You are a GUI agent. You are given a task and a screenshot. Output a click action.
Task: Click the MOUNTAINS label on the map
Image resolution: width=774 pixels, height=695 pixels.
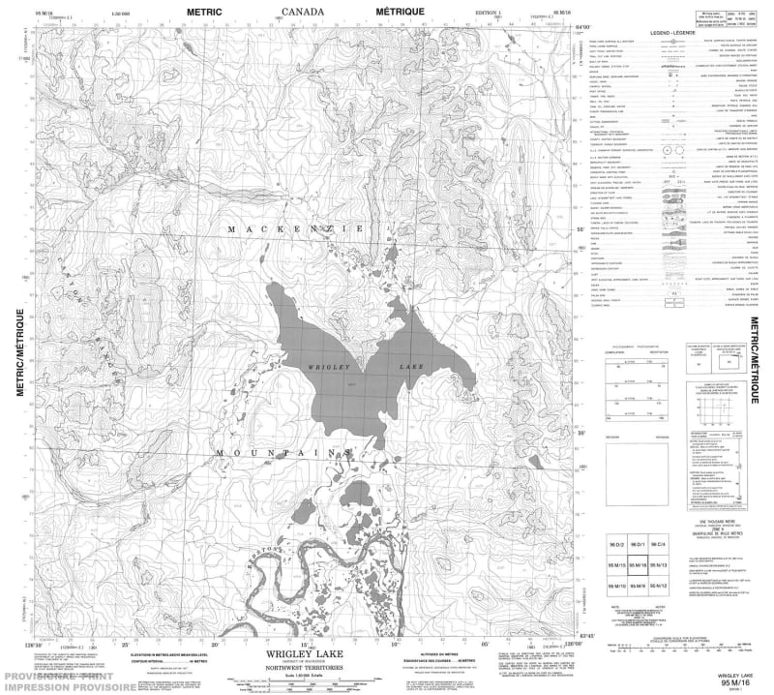point(281,452)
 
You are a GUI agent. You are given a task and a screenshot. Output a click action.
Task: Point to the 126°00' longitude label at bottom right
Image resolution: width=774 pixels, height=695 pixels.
point(569,641)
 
